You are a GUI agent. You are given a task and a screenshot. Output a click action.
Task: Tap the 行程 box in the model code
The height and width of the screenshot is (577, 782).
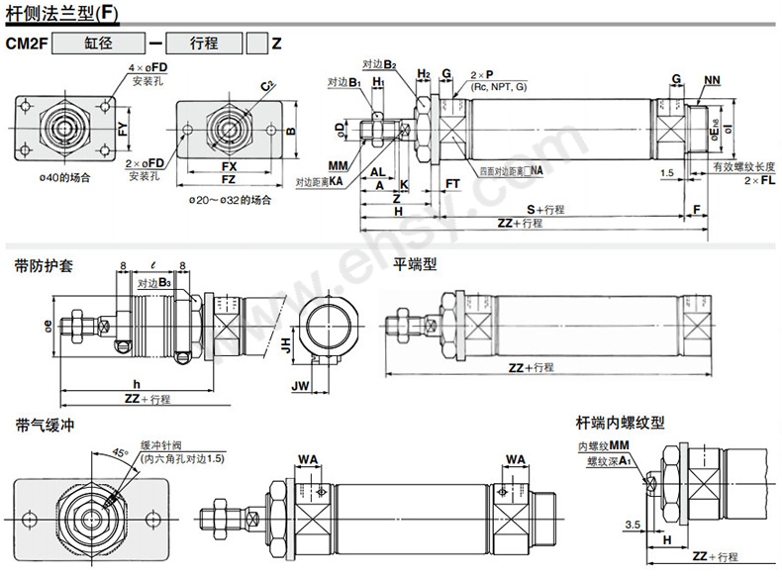coord(205,43)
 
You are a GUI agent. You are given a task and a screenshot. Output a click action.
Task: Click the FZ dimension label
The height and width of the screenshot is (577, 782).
coord(228,180)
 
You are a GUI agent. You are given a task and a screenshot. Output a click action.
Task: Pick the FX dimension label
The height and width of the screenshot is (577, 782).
coord(228,166)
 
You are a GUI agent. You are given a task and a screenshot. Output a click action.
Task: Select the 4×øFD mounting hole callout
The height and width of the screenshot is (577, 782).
coord(147,67)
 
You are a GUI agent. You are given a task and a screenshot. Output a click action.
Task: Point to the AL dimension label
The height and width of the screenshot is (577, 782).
coord(377,171)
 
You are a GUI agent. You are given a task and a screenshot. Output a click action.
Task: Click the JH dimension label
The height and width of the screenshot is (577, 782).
coord(284,345)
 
